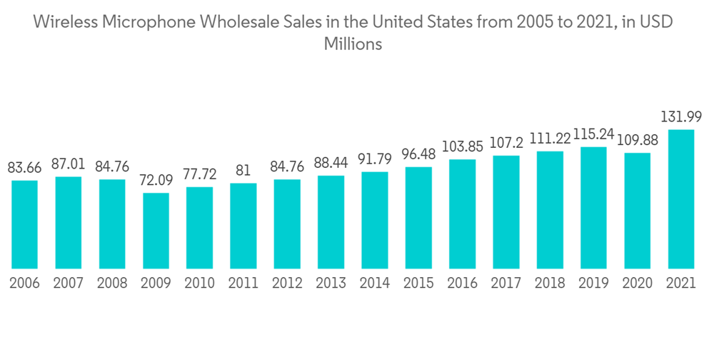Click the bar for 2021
click(681, 199)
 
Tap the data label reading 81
click(243, 171)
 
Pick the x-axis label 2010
click(199, 283)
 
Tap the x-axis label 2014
click(375, 283)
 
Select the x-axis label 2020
click(638, 283)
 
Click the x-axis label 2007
click(68, 283)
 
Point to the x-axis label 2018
click(550, 283)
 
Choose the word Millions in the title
click(353, 44)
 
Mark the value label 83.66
click(24, 169)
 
